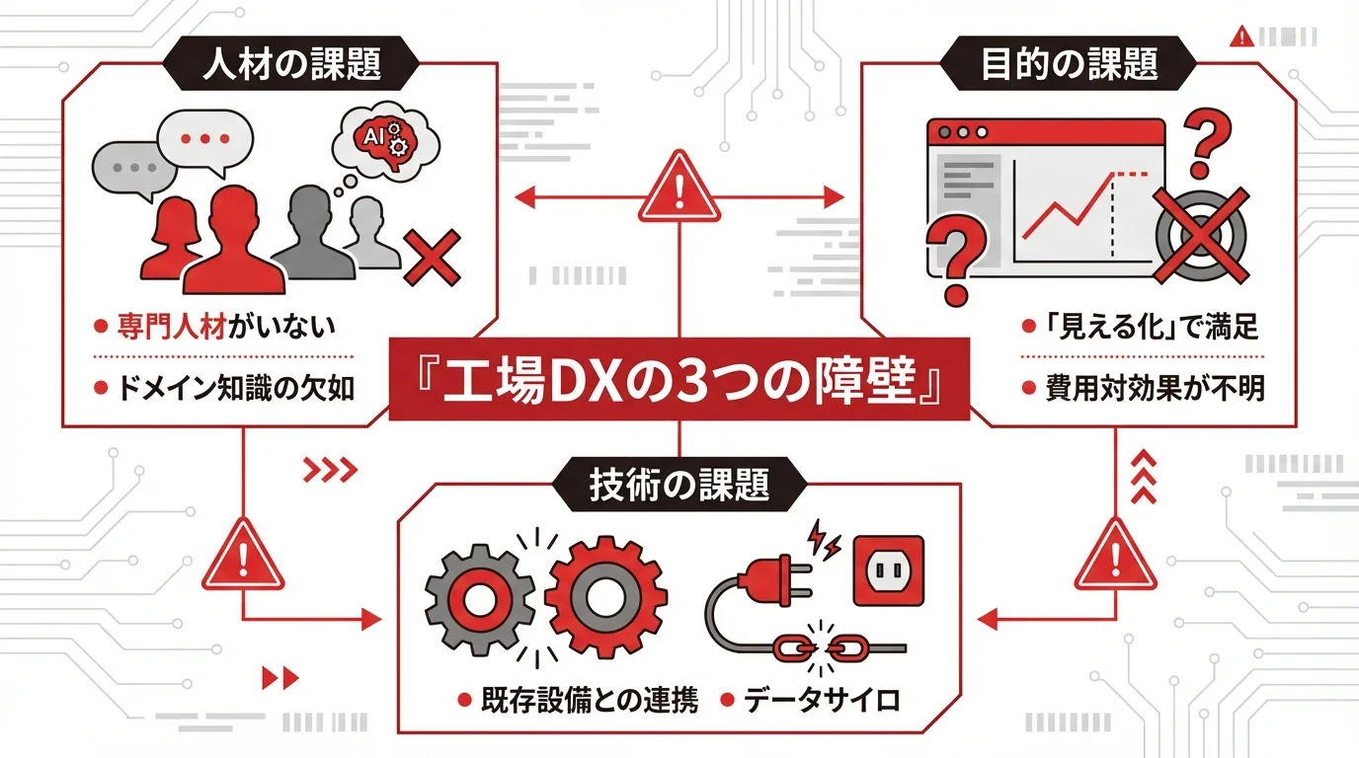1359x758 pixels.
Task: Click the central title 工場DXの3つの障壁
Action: [x=679, y=382]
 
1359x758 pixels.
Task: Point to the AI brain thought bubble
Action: [x=381, y=138]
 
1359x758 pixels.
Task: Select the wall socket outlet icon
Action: [x=889, y=570]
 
